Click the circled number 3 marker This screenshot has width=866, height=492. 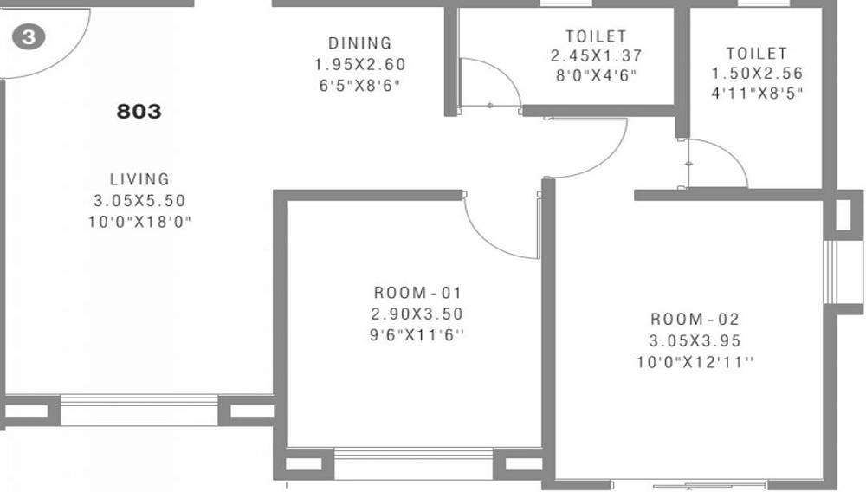[29, 38]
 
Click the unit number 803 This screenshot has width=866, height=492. [139, 112]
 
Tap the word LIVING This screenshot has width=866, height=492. [139, 179]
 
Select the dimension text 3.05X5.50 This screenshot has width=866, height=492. [139, 201]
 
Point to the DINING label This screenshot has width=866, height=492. [359, 42]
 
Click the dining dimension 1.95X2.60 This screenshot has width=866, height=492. [359, 64]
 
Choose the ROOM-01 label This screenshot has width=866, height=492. [411, 292]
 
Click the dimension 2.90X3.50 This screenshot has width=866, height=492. [411, 314]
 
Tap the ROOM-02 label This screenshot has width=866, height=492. [695, 319]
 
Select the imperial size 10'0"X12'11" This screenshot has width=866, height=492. [695, 362]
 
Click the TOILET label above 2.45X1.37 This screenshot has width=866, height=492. [595, 36]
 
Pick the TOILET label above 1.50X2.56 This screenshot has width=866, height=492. [757, 54]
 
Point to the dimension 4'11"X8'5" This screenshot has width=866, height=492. [757, 94]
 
